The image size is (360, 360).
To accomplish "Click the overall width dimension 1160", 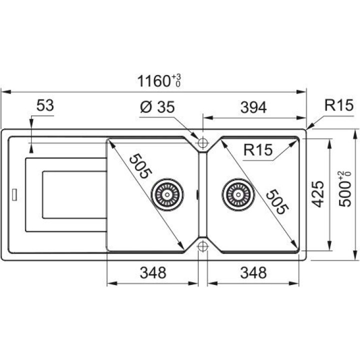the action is [153, 81].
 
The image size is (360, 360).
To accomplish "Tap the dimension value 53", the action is [45, 105].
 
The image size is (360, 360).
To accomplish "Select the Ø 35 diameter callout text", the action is [157, 107].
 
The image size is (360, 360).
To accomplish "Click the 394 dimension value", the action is [253, 107].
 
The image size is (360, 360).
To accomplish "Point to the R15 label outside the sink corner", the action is [338, 105].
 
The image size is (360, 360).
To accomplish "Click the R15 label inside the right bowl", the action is [258, 149].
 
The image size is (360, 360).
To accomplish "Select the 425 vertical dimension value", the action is [318, 194].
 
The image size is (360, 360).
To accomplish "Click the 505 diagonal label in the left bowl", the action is [140, 166].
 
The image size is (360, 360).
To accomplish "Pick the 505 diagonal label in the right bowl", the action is [277, 202].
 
